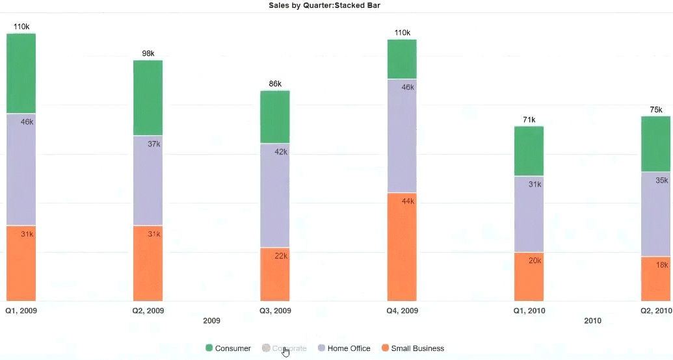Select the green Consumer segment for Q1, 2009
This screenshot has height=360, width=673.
pyautogui.click(x=21, y=73)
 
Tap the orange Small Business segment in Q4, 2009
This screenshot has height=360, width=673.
pyautogui.click(x=402, y=247)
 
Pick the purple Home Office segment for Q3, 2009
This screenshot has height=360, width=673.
pyautogui.click(x=275, y=195)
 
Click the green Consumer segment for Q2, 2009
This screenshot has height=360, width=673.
pyautogui.click(x=148, y=97)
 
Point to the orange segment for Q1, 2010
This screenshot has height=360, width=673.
pyautogui.click(x=529, y=276)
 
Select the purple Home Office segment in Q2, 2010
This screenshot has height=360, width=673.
pyautogui.click(x=655, y=214)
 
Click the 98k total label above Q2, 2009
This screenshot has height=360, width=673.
pyautogui.click(x=148, y=53)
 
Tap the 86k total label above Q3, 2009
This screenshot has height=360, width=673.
pyautogui.click(x=275, y=84)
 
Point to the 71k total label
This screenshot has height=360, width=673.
pyautogui.click(x=529, y=120)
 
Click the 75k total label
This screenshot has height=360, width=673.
pyautogui.click(x=655, y=110)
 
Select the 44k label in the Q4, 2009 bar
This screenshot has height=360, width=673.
pyautogui.click(x=408, y=201)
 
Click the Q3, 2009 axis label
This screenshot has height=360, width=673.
pyautogui.click(x=275, y=311)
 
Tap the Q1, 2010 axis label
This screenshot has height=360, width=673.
pyautogui.click(x=529, y=311)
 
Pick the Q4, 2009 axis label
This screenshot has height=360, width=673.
pyautogui.click(x=402, y=311)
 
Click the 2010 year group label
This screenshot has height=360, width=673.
pyautogui.click(x=592, y=321)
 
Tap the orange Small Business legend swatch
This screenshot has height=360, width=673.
pyautogui.click(x=386, y=348)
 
